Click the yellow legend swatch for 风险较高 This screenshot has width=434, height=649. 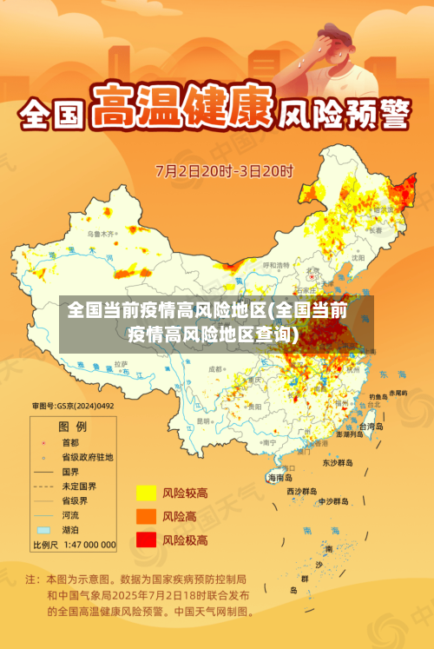[x=145, y=493]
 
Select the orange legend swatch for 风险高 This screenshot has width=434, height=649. [x=145, y=517]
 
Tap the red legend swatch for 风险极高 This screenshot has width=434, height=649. [x=145, y=540]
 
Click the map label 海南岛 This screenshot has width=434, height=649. [x=279, y=478]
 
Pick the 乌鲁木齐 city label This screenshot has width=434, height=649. [x=100, y=234]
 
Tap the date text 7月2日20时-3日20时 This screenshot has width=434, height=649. [x=224, y=170]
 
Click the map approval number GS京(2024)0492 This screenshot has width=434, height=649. [x=73, y=405]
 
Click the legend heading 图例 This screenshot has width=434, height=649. [x=72, y=426]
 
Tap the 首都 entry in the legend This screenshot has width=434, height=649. [x=73, y=441]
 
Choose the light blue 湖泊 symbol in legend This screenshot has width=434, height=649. [x=43, y=530]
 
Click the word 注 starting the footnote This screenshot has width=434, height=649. [x=31, y=579]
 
